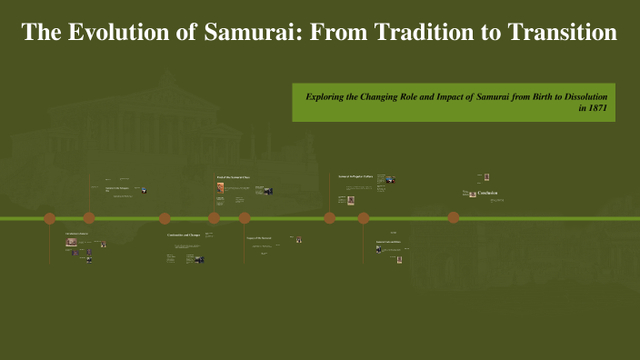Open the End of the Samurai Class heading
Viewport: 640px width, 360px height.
pyautogui.click(x=232, y=176)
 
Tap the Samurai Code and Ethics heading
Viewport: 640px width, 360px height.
pyautogui.click(x=388, y=242)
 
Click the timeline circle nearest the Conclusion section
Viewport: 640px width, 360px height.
pyautogui.click(x=453, y=217)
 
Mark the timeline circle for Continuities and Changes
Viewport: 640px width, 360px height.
pyautogui.click(x=165, y=218)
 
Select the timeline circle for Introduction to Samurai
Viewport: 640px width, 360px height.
pyautogui.click(x=50, y=218)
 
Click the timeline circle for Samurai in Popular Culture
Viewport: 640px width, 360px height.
pyautogui.click(x=329, y=218)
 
